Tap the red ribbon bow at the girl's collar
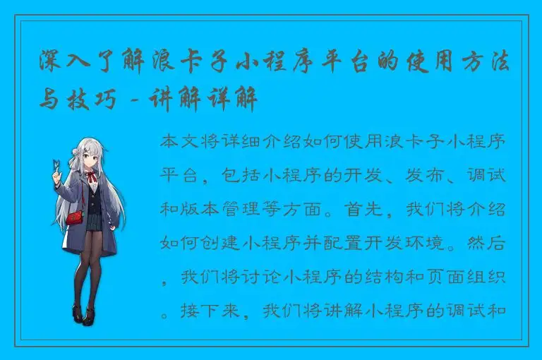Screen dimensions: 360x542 coord(91,175)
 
